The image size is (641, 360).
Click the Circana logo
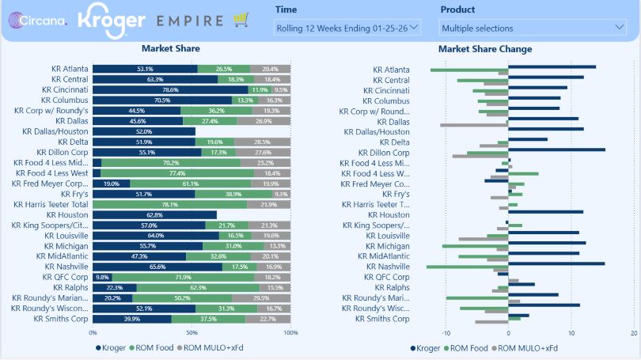(37, 21)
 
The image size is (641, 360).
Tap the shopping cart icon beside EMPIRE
(241, 21)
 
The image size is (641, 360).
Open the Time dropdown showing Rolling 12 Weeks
(347, 28)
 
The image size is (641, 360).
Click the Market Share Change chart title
(484, 49)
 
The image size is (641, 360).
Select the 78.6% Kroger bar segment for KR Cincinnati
(170, 90)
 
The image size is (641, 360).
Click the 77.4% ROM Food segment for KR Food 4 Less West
(176, 172)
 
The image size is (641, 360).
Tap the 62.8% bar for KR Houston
(154, 214)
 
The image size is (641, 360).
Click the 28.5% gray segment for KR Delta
(262, 142)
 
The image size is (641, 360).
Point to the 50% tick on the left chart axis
(192, 333)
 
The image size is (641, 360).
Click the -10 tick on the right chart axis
(446, 333)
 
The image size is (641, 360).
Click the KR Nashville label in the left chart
(66, 267)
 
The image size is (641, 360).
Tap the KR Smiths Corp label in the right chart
(383, 319)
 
